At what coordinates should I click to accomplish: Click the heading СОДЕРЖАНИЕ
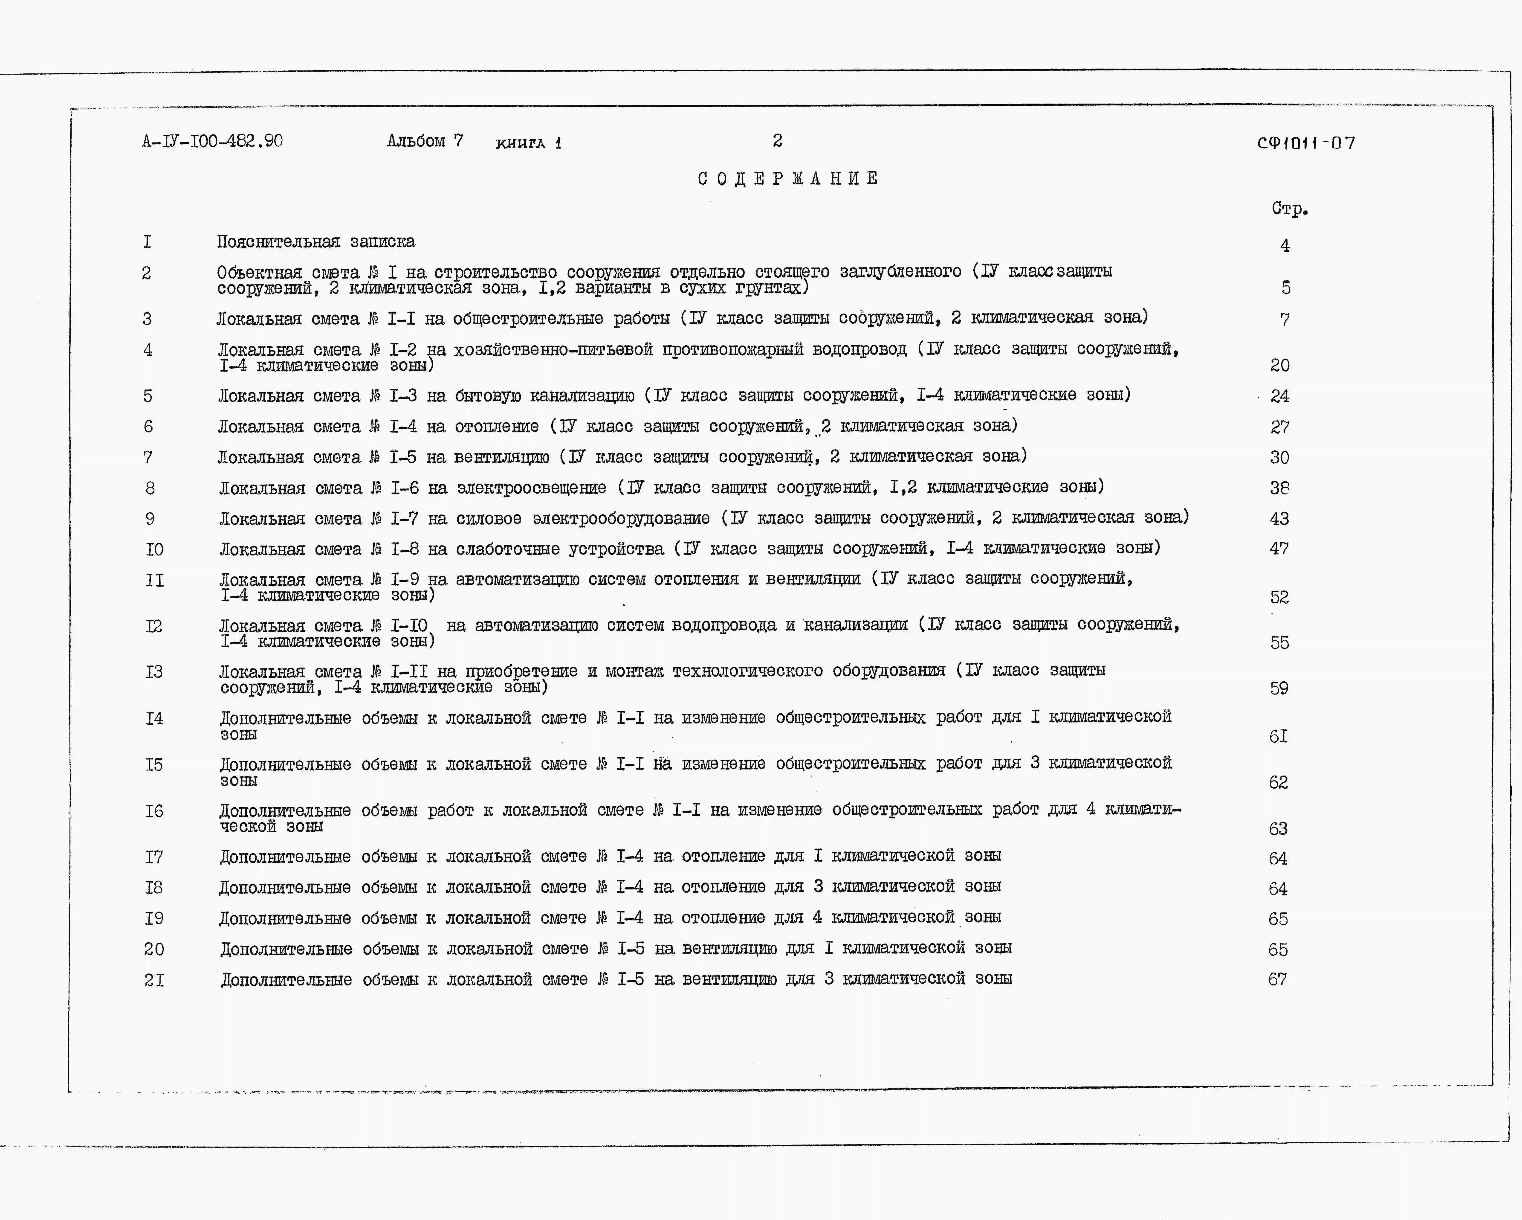(788, 179)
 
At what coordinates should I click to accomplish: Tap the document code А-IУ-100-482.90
(212, 141)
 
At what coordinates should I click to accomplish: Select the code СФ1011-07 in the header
(1306, 143)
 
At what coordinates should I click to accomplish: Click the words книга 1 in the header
(528, 143)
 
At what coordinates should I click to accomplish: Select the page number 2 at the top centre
(777, 140)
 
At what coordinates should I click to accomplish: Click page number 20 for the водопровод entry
(1279, 365)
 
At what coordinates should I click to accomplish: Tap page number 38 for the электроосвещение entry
(1279, 488)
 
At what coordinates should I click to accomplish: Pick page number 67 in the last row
(1277, 979)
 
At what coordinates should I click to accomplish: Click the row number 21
(154, 980)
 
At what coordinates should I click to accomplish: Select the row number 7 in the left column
(148, 458)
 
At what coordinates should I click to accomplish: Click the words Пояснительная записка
(315, 241)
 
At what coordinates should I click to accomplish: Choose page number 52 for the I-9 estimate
(1279, 597)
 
